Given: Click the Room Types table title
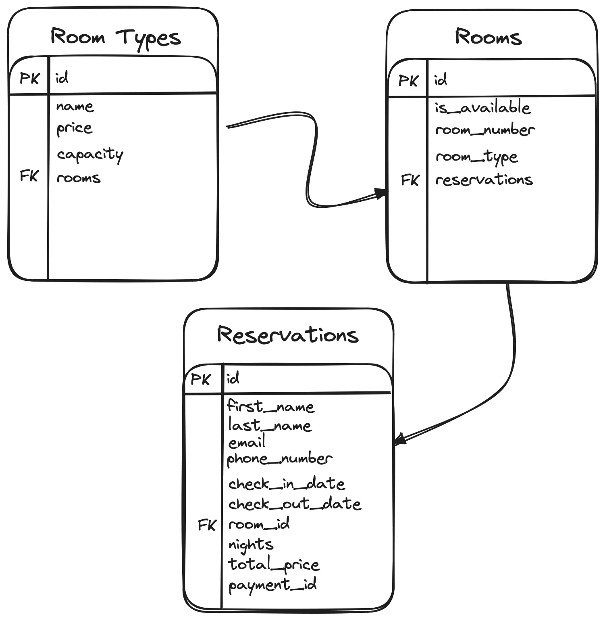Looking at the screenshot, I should coord(116,38).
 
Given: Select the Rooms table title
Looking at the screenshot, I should coord(488,37).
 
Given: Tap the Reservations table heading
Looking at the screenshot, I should coord(287,335).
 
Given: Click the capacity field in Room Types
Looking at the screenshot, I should coord(90,155).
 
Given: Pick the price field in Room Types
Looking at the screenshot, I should coord(75,128).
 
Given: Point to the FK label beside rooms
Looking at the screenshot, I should coord(29,176).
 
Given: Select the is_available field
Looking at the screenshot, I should coord(482,108).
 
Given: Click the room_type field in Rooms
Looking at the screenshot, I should coord(476,157).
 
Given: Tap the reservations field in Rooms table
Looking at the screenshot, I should coord(484,180).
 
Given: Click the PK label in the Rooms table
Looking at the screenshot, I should coord(408,81).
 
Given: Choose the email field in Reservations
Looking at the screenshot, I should coord(247,442).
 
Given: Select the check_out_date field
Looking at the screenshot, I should coord(295,504).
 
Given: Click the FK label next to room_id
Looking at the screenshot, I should coord(207,525).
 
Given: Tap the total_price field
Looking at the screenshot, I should coord(274,564).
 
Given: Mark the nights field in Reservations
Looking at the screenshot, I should coord(251,545).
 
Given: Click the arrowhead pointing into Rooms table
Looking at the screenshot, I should coord(380,194).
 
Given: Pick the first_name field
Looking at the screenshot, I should coord(270,406).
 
